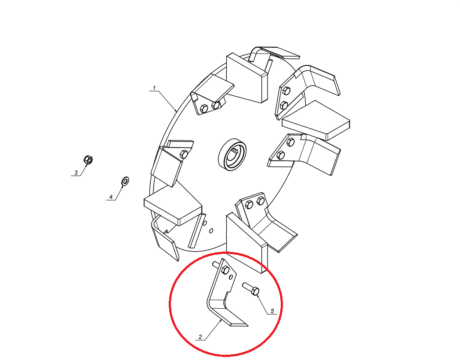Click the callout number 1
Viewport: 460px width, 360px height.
(x=154, y=88)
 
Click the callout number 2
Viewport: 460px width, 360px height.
(x=200, y=337)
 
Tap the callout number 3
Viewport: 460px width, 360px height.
(x=76, y=173)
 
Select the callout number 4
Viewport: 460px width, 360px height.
(x=111, y=197)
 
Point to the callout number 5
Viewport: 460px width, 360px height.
(x=272, y=311)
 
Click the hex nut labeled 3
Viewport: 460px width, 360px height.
(x=88, y=160)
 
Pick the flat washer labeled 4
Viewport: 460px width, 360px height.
(x=125, y=181)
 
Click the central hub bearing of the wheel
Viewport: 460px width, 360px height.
(x=232, y=155)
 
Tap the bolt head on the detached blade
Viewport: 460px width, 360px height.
(x=225, y=270)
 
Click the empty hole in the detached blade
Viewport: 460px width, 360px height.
(x=231, y=277)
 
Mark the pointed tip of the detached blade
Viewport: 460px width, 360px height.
(x=248, y=326)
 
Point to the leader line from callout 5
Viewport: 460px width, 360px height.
(x=263, y=305)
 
